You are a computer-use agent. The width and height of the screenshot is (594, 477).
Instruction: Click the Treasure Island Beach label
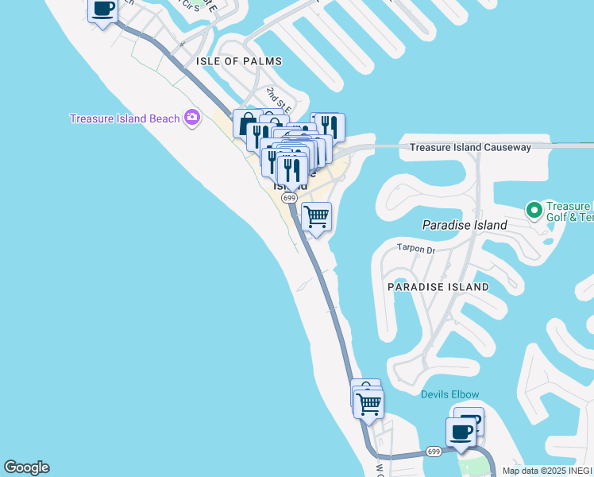click(125, 118)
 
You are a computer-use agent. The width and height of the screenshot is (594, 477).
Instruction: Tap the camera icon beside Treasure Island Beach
click(191, 118)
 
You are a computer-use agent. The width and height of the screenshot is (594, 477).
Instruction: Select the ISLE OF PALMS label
click(239, 61)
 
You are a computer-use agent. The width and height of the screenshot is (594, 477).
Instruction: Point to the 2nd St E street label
click(279, 99)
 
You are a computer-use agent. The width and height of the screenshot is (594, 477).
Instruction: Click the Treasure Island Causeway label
click(469, 147)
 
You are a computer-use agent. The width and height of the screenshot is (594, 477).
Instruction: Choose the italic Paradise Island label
click(465, 225)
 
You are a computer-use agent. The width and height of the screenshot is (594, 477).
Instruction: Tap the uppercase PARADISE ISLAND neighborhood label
click(438, 286)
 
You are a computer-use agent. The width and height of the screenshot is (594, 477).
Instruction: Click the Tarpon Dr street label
click(416, 250)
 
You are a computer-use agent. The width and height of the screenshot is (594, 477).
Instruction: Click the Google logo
click(26, 467)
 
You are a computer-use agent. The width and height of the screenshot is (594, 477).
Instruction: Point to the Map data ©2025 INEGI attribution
click(546, 471)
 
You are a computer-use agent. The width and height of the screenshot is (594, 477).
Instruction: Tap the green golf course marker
click(534, 210)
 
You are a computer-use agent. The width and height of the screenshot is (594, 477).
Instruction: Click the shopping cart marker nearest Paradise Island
click(317, 216)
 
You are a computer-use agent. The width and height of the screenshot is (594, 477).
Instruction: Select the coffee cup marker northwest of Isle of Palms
click(103, 10)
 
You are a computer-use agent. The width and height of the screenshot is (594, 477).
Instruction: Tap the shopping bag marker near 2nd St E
click(247, 124)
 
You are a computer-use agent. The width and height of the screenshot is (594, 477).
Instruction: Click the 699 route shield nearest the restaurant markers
click(289, 198)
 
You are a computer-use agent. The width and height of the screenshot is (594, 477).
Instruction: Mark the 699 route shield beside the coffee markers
click(434, 452)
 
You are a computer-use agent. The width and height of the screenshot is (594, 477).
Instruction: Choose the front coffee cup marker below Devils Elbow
click(460, 432)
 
